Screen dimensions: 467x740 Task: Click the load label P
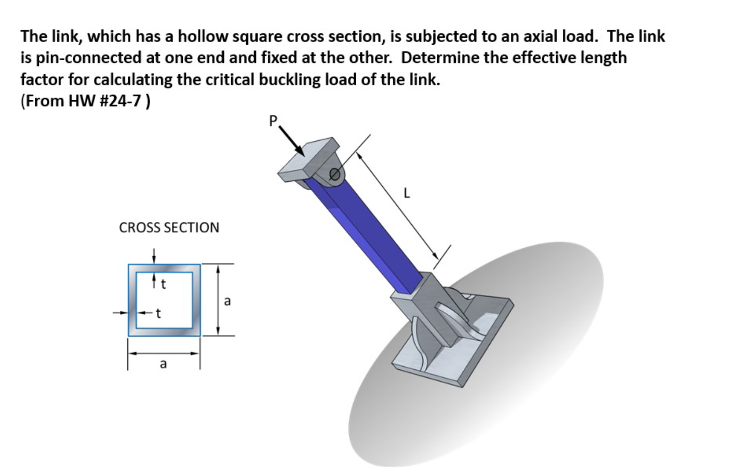click(274, 121)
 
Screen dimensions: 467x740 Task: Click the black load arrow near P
click(293, 142)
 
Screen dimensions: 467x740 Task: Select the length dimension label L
click(407, 194)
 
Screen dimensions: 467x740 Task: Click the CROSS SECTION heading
click(169, 228)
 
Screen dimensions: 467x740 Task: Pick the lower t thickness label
click(158, 313)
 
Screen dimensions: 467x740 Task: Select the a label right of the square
click(227, 301)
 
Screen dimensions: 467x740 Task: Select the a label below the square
click(163, 364)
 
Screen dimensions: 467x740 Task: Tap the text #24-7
click(124, 101)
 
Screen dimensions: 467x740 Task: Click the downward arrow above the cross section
click(153, 256)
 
